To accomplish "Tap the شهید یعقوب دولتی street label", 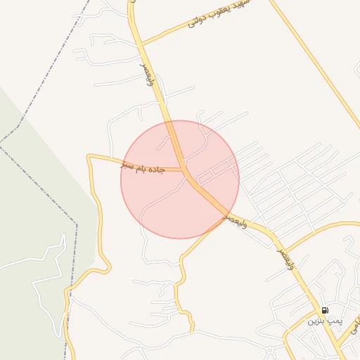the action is (219, 13).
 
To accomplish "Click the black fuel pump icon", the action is (325, 310).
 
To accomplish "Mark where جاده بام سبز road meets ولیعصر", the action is (185, 169).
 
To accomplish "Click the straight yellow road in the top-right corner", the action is (316, 63).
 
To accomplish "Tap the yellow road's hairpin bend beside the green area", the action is (105, 267).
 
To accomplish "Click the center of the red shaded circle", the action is (180, 179).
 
